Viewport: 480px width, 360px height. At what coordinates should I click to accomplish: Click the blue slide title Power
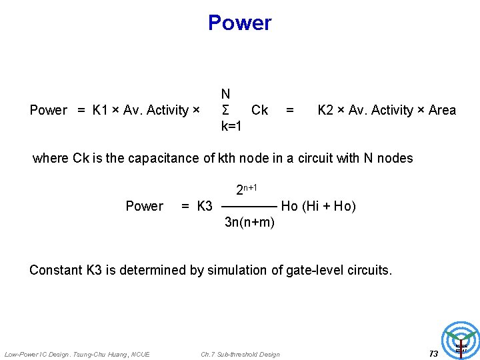pyautogui.click(x=239, y=23)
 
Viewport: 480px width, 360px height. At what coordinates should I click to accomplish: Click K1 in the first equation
pyautogui.click(x=101, y=110)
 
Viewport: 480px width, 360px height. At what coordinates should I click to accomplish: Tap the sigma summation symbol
pyautogui.click(x=226, y=110)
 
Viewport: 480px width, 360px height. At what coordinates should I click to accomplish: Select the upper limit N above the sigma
pyautogui.click(x=226, y=95)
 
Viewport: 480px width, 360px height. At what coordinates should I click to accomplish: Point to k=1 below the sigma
pyautogui.click(x=231, y=126)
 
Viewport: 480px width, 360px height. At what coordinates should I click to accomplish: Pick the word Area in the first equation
pyautogui.click(x=442, y=110)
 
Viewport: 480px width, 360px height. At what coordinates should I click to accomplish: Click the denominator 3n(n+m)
pyautogui.click(x=249, y=222)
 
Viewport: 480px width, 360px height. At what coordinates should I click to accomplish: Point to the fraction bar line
pyautogui.click(x=249, y=207)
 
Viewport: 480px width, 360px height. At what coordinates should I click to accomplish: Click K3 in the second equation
pyautogui.click(x=204, y=206)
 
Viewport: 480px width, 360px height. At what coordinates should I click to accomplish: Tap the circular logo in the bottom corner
pyautogui.click(x=461, y=340)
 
